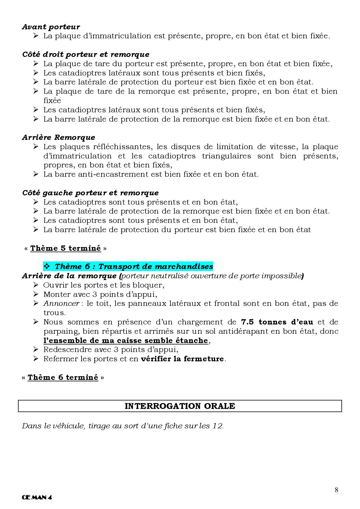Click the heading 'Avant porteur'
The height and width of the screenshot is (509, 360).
pos(51,27)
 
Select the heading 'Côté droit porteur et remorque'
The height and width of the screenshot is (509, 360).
pos(86,55)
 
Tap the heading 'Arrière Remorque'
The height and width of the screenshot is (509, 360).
pos(58,138)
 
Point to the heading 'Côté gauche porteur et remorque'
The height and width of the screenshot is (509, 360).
pos(90,193)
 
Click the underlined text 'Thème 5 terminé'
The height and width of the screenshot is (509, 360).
pos(66,248)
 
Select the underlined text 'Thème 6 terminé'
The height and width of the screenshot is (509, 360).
pos(63,378)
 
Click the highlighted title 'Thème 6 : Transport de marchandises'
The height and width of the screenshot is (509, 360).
pos(134,266)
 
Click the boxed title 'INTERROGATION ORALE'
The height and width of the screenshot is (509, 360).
pos(180,406)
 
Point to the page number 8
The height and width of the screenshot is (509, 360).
pos(336,490)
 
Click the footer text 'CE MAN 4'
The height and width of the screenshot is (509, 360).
pos(37,497)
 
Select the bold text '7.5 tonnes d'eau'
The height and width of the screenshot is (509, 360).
pos(277,322)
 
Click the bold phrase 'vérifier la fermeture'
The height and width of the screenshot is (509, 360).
pos(182,359)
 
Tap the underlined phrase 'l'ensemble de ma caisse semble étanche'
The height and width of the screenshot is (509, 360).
pos(126,341)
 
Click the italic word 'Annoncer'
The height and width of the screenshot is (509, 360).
pos(61,304)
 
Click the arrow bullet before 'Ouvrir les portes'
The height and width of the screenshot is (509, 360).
pos(36,285)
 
